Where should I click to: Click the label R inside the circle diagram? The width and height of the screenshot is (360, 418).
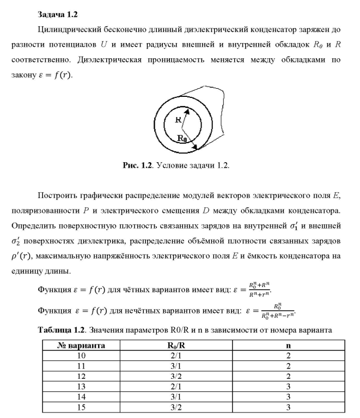178,120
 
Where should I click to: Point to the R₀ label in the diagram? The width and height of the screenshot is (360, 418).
184,138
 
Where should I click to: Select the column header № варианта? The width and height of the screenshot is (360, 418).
82,345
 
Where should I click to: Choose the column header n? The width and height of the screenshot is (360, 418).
288,345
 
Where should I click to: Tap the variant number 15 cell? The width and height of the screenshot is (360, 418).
82,407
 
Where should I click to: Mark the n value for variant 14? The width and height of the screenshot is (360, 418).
288,396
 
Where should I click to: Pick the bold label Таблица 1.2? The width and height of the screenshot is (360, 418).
61,330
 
